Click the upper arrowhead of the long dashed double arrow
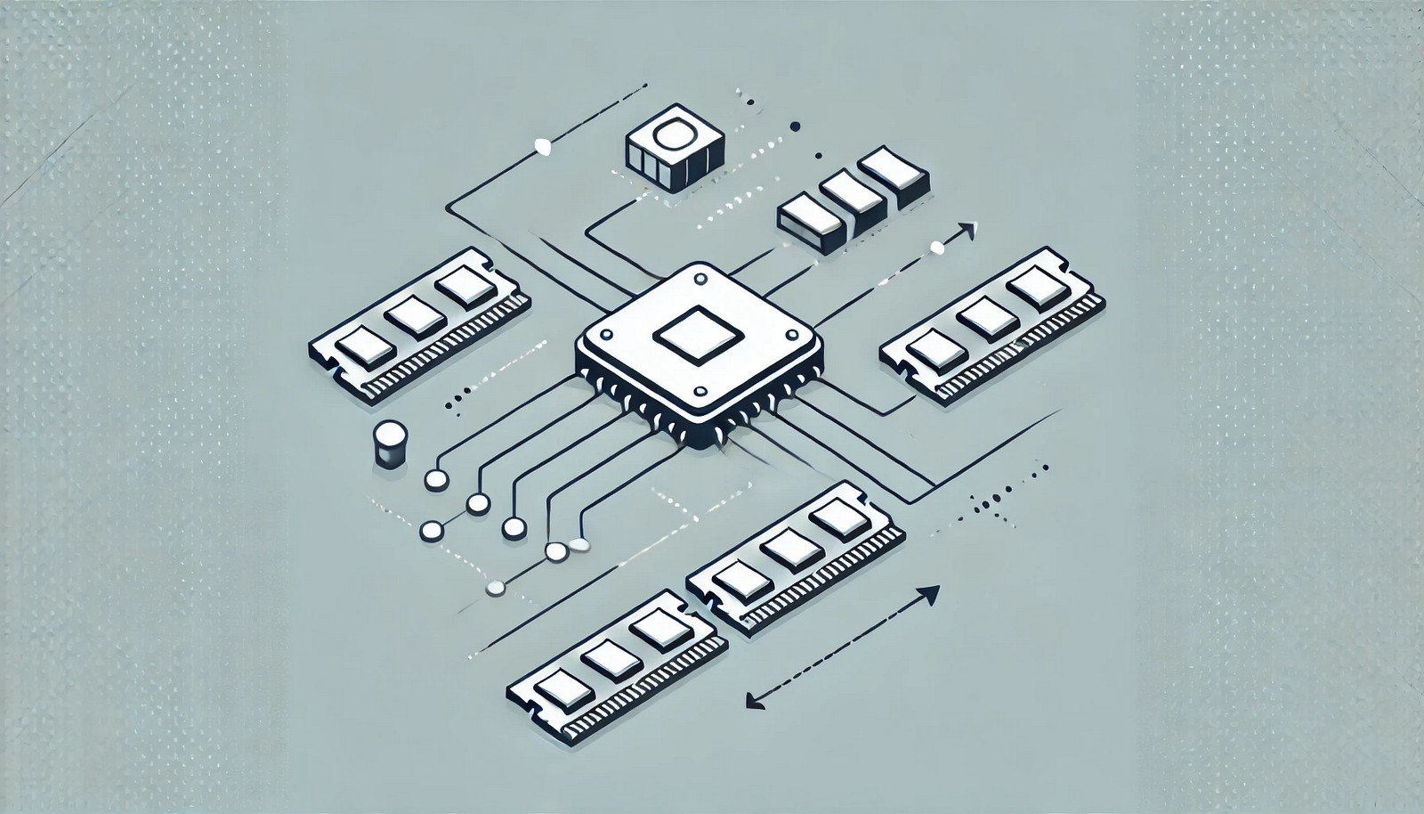coord(931,593)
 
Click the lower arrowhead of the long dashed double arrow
coord(753,700)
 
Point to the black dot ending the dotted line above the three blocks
coord(795,127)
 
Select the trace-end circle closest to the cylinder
coord(435,480)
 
